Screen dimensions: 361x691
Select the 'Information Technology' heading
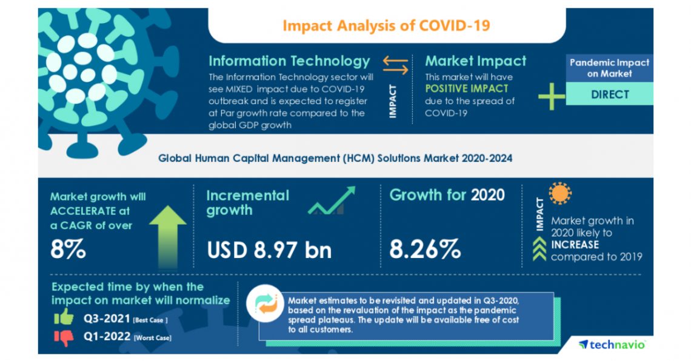coord(289,61)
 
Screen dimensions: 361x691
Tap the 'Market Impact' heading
coord(475,61)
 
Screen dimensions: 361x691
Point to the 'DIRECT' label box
coord(609,94)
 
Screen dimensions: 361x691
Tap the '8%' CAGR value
coord(68,250)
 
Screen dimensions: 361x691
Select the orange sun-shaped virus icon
coord(559,194)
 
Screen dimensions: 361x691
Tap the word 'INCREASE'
coord(575,245)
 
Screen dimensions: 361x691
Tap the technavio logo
coord(612,344)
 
